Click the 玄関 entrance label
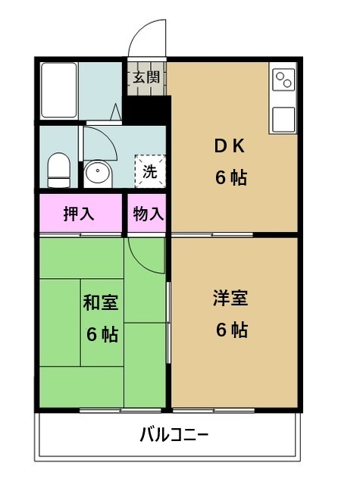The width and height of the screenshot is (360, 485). pos(146,77)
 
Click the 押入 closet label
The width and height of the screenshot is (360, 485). pos(79,214)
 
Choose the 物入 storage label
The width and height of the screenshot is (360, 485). pos(148,214)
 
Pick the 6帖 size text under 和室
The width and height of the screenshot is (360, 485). pos(101,334)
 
